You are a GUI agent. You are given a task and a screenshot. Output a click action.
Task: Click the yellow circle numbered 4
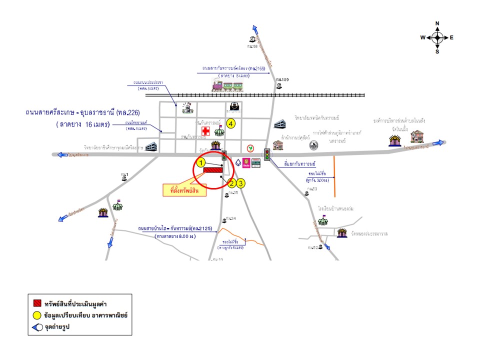click(x=230, y=123)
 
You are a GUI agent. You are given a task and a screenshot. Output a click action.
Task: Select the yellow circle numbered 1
click(x=201, y=162)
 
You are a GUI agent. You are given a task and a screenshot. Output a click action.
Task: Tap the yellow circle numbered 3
click(x=241, y=183)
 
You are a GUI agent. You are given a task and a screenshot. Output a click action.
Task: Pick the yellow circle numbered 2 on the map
click(x=231, y=183)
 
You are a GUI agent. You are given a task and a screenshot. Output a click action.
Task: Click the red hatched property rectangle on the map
click(x=213, y=171)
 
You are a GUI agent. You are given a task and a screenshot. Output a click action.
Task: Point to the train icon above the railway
click(x=228, y=85)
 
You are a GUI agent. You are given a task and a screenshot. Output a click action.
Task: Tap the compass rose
click(x=437, y=37)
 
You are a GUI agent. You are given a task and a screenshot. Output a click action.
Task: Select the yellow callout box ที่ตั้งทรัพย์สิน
click(x=185, y=190)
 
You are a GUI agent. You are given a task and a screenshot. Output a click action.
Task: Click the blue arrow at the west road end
click(x=62, y=155)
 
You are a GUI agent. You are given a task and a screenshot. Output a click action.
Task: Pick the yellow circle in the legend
click(x=36, y=316)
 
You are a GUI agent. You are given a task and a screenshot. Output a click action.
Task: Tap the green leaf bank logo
click(x=250, y=148)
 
